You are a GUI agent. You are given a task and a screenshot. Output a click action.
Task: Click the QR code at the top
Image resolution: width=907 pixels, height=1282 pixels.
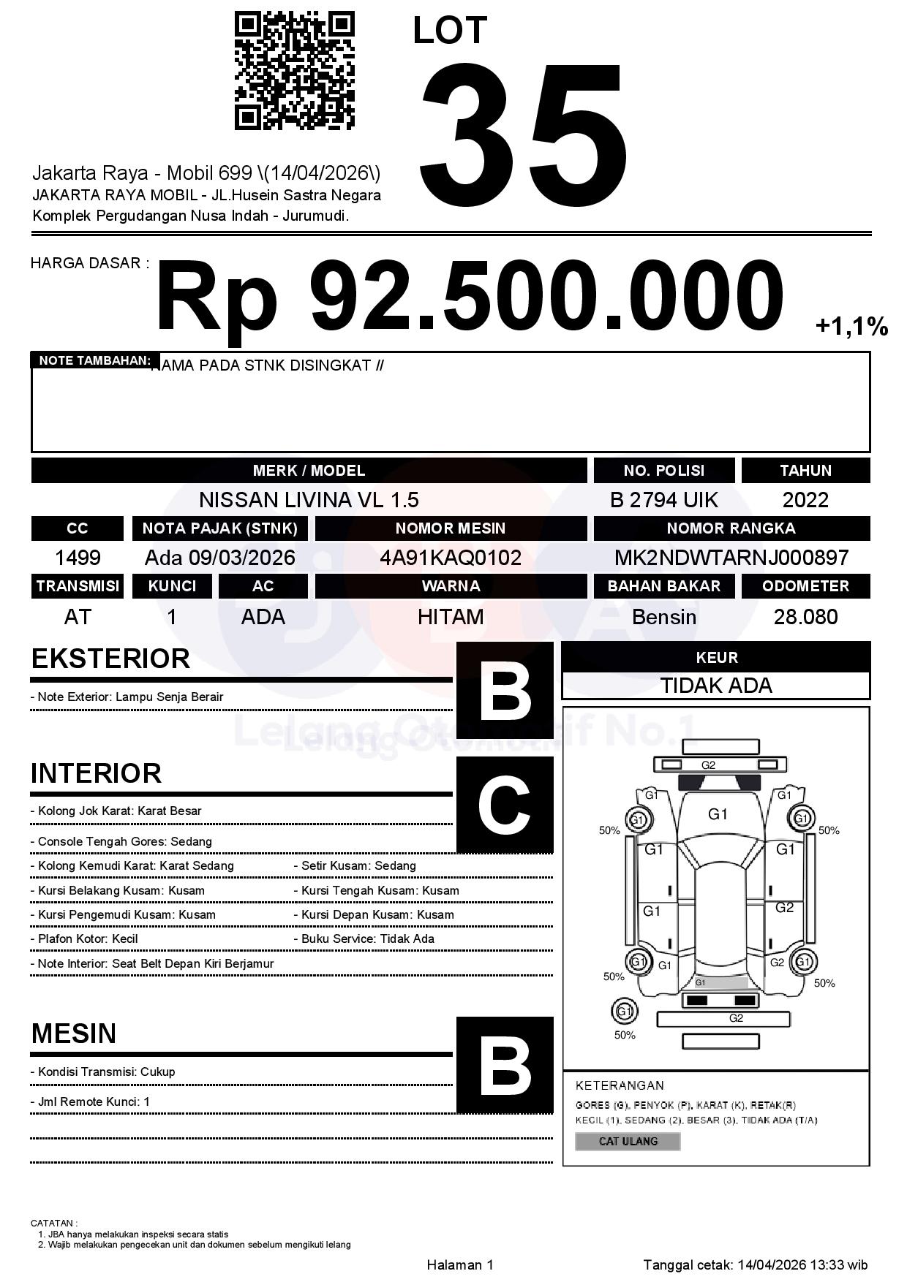294,71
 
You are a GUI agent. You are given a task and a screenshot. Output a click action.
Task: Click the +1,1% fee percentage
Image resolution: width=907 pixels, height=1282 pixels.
851,326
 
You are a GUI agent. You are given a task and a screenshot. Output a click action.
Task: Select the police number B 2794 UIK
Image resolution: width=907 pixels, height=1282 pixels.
663,500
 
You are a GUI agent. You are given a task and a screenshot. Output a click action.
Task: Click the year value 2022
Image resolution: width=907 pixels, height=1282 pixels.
805,500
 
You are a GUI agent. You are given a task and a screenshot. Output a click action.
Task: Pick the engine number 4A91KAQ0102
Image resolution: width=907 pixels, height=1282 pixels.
451,558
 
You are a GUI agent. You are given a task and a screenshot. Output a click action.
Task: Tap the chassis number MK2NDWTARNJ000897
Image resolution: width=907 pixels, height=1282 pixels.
731,558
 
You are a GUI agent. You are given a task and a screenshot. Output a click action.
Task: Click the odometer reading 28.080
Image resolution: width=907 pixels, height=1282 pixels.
805,617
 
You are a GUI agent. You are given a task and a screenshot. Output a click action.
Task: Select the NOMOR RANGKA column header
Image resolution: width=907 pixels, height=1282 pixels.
731,528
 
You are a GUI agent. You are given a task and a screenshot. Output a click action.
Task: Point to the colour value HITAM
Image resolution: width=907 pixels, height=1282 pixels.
451,617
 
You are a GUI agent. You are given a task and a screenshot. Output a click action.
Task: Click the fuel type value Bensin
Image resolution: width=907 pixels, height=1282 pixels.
663,617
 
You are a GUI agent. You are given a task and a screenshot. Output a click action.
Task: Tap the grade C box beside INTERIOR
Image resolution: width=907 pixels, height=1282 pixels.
505,805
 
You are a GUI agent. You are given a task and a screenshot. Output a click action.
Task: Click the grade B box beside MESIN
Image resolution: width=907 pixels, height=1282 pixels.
505,1065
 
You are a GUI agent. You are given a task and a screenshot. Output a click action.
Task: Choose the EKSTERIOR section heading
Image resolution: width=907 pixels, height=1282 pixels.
110,659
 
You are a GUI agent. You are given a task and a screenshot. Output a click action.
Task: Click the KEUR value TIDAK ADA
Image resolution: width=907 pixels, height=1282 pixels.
716,686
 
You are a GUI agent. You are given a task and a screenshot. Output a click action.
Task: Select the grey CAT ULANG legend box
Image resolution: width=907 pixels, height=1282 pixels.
628,1141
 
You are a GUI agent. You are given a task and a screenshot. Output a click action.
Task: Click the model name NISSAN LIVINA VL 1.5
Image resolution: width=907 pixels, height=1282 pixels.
309,500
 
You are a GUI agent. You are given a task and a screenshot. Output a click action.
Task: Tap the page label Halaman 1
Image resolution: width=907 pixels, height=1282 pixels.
460,1264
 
